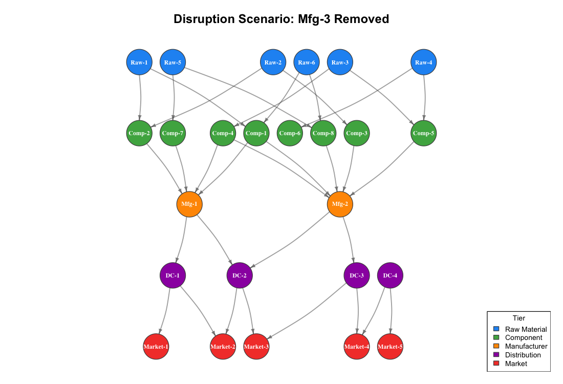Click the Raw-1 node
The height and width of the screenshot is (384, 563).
[139, 62]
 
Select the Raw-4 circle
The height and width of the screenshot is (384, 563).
[424, 62]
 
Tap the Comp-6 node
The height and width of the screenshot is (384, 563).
[290, 133]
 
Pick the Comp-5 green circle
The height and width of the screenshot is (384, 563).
[424, 133]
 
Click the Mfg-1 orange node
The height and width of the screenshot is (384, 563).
[189, 204]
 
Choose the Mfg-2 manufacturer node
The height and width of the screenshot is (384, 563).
[340, 204]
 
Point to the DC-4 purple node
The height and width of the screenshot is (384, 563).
[391, 275]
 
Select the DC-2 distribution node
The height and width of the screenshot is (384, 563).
[240, 275]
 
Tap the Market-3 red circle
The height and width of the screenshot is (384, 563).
[256, 347]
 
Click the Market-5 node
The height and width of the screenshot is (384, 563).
[390, 347]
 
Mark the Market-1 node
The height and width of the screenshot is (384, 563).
[156, 347]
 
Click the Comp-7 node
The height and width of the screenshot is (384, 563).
[172, 133]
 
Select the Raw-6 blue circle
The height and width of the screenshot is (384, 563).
[307, 62]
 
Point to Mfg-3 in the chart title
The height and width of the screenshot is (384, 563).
[316, 19]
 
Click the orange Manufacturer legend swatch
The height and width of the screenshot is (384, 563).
[495, 346]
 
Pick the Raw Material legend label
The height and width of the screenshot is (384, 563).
[526, 329]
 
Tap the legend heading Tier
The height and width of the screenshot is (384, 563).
[518, 318]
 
